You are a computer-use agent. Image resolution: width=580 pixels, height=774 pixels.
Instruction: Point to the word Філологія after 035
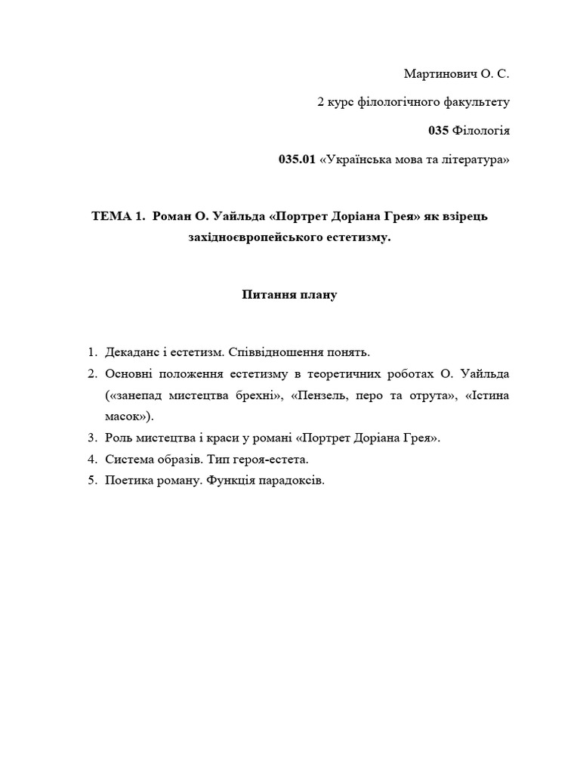click(x=481, y=131)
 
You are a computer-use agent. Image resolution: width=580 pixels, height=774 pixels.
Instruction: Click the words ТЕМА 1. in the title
click(x=117, y=217)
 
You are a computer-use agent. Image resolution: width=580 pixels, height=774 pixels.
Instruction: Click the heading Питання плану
click(x=289, y=295)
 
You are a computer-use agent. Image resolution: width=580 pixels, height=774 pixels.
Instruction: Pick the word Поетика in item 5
click(x=128, y=480)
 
